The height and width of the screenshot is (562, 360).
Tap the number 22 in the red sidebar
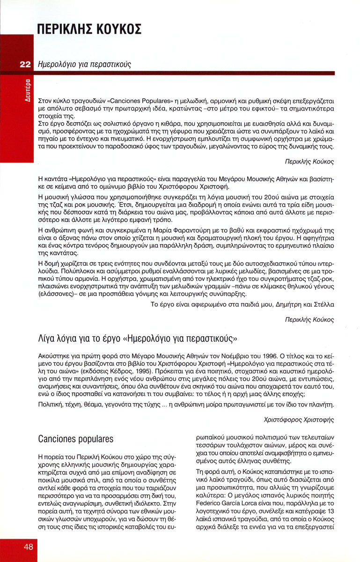(x=25, y=64)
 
